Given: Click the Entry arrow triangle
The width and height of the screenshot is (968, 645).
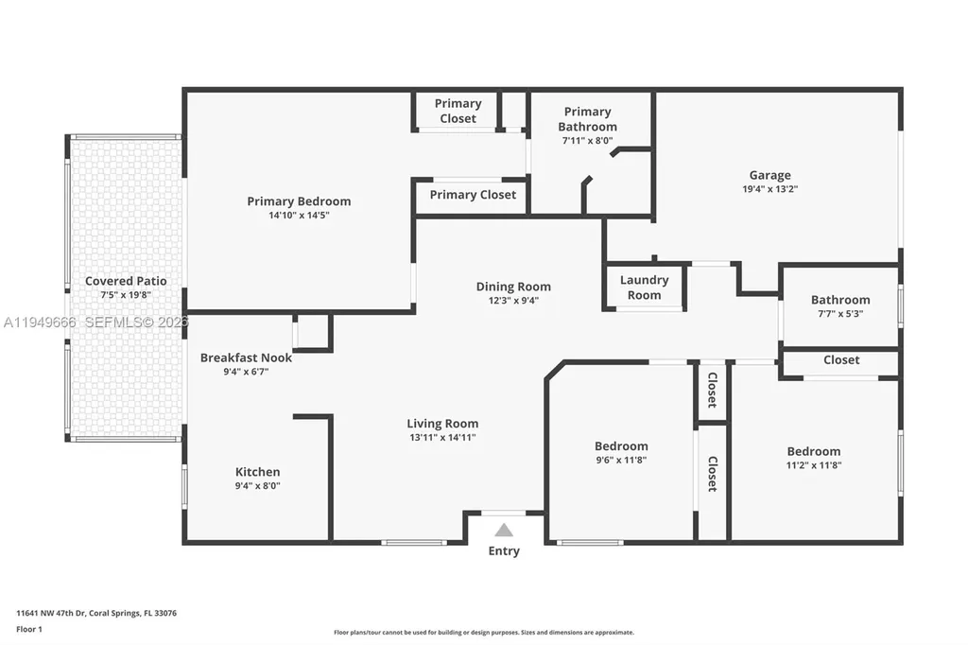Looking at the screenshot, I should click(x=504, y=531).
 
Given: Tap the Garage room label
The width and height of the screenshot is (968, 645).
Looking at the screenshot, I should click(x=769, y=175).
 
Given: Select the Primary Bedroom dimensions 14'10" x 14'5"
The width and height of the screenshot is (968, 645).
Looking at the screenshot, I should click(x=299, y=215).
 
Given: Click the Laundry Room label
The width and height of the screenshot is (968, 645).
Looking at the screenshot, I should click(x=644, y=288).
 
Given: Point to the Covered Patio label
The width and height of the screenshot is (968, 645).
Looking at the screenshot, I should click(x=126, y=281).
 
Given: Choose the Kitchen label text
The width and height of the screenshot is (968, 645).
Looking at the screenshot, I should click(x=257, y=472).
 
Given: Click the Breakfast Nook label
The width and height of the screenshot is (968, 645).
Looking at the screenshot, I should click(x=246, y=357).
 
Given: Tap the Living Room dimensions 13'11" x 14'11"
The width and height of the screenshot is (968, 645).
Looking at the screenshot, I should click(x=442, y=437).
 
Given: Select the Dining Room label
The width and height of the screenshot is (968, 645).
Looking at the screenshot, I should click(x=512, y=287).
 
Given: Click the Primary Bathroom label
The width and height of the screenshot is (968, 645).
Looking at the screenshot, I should click(x=587, y=119).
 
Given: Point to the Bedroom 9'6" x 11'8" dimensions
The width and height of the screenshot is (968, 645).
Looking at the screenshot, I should click(x=621, y=461).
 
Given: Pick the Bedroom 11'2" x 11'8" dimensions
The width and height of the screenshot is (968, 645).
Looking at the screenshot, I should click(x=813, y=465).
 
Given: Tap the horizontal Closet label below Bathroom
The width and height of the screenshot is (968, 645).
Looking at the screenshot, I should click(x=840, y=360).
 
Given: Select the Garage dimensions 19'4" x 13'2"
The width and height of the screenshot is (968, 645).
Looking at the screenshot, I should click(x=769, y=189).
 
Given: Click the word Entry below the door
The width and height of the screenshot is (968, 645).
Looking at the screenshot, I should click(x=504, y=551).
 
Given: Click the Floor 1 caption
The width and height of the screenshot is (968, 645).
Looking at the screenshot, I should click(x=30, y=628).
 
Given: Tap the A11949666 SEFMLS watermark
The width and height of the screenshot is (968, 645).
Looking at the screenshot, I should click(x=95, y=322).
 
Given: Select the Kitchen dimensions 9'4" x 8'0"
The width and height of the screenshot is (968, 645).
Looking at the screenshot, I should click(x=257, y=486).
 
